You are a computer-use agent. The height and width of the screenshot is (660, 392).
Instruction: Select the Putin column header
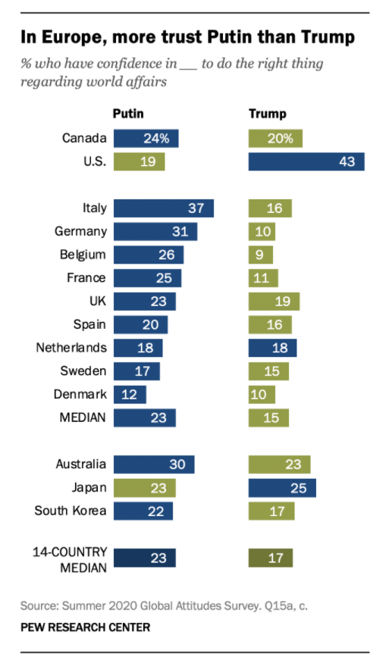pos(128,114)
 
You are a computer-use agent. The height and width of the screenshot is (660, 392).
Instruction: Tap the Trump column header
pos(268,114)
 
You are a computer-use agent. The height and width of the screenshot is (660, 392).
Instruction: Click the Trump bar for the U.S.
pos(306,161)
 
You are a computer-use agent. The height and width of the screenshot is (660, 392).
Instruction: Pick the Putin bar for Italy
pos(164,208)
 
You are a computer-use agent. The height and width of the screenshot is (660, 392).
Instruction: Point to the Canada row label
pos(85,139)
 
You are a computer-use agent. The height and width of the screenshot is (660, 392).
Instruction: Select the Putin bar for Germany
pos(155,232)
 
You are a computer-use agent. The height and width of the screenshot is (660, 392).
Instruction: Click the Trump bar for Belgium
pos(260,255)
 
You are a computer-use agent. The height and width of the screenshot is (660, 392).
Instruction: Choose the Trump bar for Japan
pos(282,487)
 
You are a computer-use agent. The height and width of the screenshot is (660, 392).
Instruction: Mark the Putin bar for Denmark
pos(130,395)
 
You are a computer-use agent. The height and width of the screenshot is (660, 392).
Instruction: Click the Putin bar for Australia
pos(154,465)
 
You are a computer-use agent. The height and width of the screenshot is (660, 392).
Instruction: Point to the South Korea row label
pos(71,511)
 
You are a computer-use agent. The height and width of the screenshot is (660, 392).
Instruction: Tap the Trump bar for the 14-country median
pos(271,558)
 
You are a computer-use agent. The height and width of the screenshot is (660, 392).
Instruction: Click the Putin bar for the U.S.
pos(139,161)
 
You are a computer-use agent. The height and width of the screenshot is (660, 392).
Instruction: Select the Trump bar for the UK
pos(274,302)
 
